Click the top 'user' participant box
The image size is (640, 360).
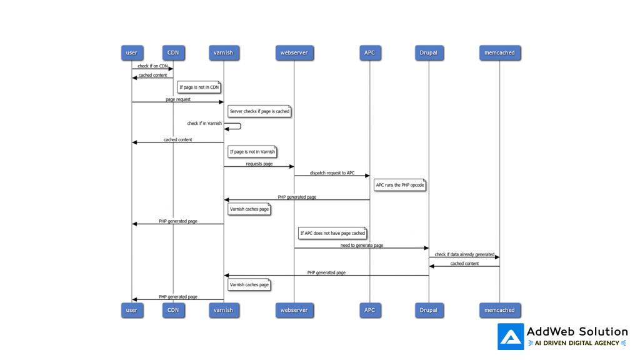coord(131,52)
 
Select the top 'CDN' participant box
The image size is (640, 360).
coord(173,52)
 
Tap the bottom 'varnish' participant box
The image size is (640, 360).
coord(223,310)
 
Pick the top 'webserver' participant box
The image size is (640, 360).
coord(294,52)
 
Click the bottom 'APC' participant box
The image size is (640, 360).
coord(369,310)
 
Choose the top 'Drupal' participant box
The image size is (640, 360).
coord(429,52)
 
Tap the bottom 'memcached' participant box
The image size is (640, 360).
coord(499,310)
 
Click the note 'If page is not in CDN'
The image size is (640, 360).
coord(199,87)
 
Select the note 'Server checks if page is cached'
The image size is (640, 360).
coord(259,111)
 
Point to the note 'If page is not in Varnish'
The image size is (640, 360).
coord(252,152)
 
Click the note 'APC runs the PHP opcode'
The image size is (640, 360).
coord(400,185)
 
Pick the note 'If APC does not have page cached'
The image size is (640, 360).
coord(332,233)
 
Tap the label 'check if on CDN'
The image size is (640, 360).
coord(152,66)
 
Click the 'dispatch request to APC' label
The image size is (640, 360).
coord(332,173)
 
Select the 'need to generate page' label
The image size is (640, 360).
coord(362,246)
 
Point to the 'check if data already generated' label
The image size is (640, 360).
coord(464,254)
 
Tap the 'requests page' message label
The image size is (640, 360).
coord(259,164)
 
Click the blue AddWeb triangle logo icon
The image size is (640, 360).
coord(511,337)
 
